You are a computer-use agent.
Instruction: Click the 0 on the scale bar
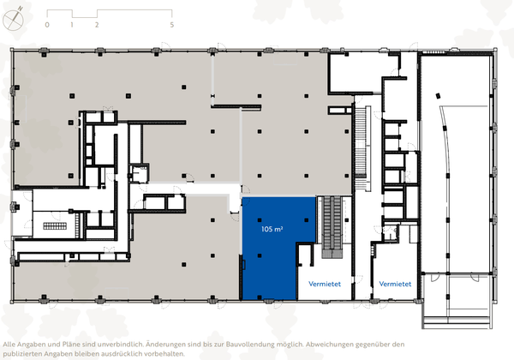click(x=47, y=26)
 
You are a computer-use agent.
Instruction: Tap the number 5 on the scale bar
click(x=173, y=26)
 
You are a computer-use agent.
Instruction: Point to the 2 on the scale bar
click(x=97, y=26)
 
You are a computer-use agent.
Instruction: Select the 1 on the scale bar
click(x=72, y=26)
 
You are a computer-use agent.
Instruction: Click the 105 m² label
click(x=273, y=230)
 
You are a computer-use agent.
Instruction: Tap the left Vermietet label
click(x=316, y=283)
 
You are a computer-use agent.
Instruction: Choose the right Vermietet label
click(x=394, y=283)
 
